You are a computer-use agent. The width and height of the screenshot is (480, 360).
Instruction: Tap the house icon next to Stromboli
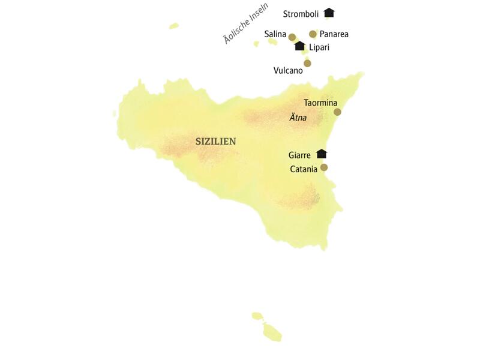coord(328,13)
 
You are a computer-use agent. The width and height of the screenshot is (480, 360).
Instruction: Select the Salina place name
coord(275,35)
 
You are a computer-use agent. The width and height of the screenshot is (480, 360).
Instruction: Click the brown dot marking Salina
coord(292,37)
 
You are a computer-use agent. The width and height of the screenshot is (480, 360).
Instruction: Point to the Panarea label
coord(334,34)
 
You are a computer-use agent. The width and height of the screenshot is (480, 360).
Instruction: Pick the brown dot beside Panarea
coord(313,34)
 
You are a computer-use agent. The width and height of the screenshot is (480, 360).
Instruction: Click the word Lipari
coord(319,47)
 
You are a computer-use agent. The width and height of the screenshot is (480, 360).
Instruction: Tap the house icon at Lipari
coord(300,46)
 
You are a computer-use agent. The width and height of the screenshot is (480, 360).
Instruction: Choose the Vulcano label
coord(288,70)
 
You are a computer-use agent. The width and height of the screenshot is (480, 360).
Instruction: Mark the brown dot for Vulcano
coord(307,63)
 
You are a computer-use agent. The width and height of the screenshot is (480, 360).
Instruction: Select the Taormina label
coord(320,103)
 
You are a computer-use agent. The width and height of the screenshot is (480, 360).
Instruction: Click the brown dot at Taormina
coord(337,112)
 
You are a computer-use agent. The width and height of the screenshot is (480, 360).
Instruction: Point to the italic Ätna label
coord(298,118)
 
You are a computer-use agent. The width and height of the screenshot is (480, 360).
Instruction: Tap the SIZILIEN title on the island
coord(216,142)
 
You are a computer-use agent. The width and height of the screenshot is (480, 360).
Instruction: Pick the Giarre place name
coord(299,155)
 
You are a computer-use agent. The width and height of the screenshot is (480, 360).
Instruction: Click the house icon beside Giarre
coord(322,154)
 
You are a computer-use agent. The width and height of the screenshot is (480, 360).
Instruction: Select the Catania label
coord(304,169)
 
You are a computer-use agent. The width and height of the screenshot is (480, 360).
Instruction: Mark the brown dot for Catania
coord(324,167)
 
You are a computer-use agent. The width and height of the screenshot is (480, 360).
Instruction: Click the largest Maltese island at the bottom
coord(272,332)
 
